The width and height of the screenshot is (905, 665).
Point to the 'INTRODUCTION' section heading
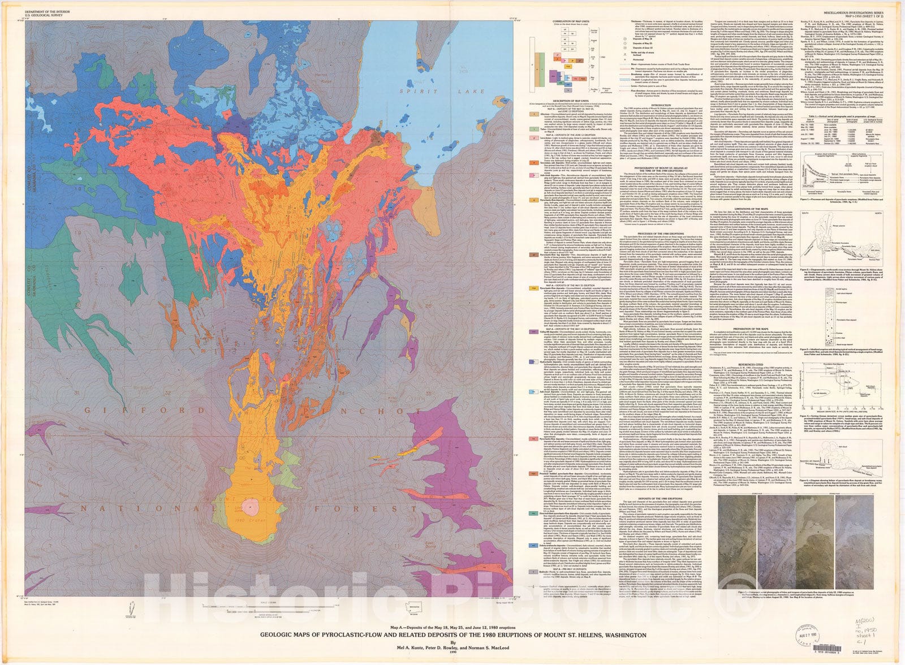[x=665, y=105]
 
